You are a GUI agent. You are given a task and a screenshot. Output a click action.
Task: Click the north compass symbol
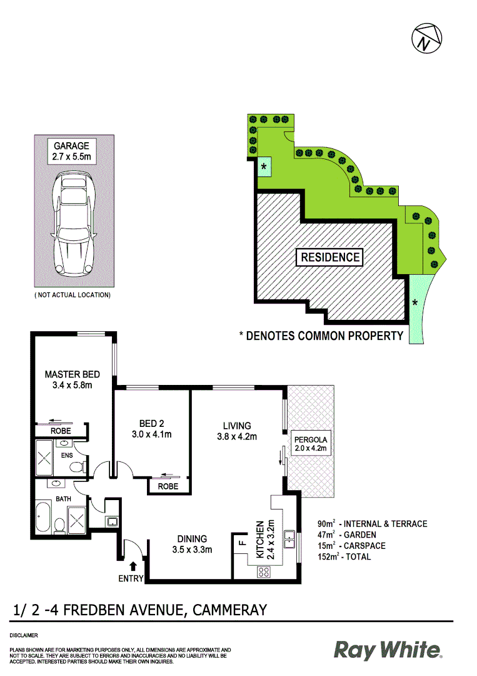(x=427, y=39)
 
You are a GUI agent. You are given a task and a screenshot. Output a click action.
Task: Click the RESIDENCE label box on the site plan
(x=331, y=257)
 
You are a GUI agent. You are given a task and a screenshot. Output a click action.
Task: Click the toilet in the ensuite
(x=76, y=466)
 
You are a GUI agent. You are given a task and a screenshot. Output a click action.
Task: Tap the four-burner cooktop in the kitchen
(x=264, y=571)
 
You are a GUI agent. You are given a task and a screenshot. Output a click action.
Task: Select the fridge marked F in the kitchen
(x=241, y=543)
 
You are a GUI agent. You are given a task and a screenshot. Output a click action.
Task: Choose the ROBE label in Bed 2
(x=168, y=486)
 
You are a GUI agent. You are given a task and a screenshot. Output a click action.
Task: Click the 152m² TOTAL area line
(x=344, y=556)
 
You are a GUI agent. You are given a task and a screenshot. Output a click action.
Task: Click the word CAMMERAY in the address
(x=231, y=610)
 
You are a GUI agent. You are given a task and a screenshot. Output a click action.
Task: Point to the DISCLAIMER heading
(x=24, y=635)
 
